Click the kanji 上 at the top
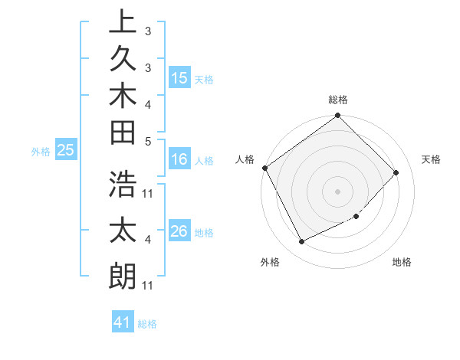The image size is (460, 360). click(123, 21)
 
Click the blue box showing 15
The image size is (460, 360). click(179, 78)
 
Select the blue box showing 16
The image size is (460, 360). click(179, 160)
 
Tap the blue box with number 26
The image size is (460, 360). click(179, 231)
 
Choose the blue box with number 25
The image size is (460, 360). click(66, 151)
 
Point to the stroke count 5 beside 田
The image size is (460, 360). click(148, 141)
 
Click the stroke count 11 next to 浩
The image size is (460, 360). click(148, 191)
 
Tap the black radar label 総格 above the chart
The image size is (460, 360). click(338, 100)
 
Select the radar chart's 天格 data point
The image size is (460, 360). click(396, 172)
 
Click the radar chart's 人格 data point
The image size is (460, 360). click(265, 168)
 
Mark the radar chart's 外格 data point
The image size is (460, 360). click(301, 242)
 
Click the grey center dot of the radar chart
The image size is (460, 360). click(338, 191)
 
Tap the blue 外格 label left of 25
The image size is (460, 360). click(41, 152)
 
